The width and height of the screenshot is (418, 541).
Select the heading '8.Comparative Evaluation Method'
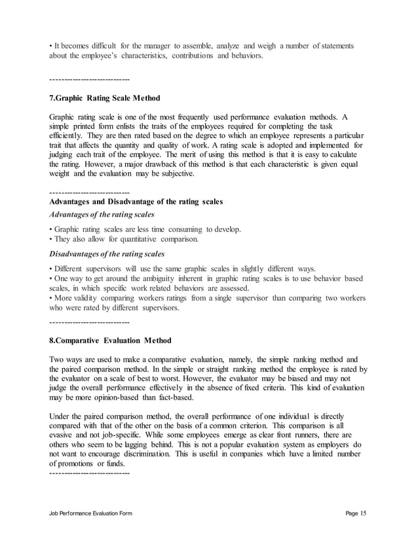click(110, 341)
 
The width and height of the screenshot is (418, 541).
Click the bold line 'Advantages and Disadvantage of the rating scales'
click(136, 202)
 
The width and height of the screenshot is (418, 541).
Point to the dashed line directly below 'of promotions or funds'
click(89, 473)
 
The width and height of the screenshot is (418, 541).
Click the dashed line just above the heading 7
click(89, 80)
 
